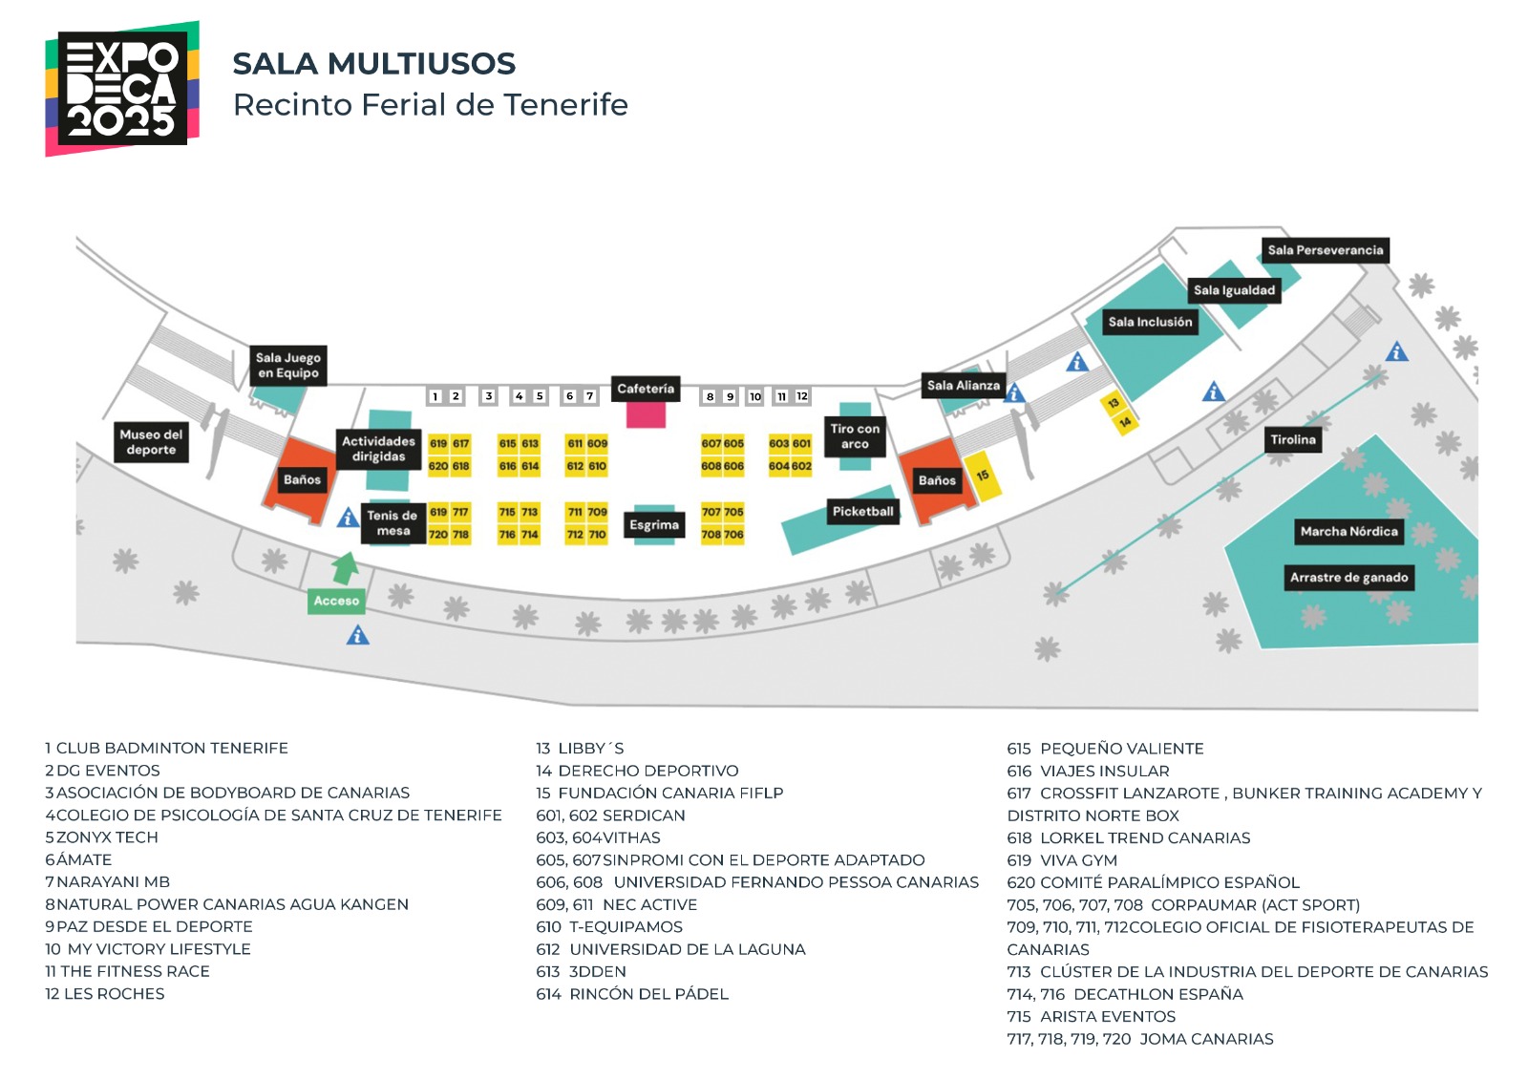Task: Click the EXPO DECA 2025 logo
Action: [121, 89]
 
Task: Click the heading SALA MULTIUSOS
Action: [373, 64]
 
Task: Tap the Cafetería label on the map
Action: [646, 389]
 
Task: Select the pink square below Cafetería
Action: [646, 414]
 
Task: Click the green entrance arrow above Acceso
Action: [345, 568]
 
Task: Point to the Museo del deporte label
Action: [151, 442]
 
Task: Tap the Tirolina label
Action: [1292, 439]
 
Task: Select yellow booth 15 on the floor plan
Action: [983, 476]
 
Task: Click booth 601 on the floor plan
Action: [801, 443]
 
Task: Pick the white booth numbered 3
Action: [488, 396]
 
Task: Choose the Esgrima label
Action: [654, 524]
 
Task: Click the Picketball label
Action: [862, 511]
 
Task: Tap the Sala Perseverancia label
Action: [1325, 250]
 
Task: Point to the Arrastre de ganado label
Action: [1348, 577]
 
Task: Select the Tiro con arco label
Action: [855, 436]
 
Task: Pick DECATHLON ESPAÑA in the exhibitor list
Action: [1157, 994]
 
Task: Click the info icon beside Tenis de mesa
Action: [348, 518]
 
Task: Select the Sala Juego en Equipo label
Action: [288, 365]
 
